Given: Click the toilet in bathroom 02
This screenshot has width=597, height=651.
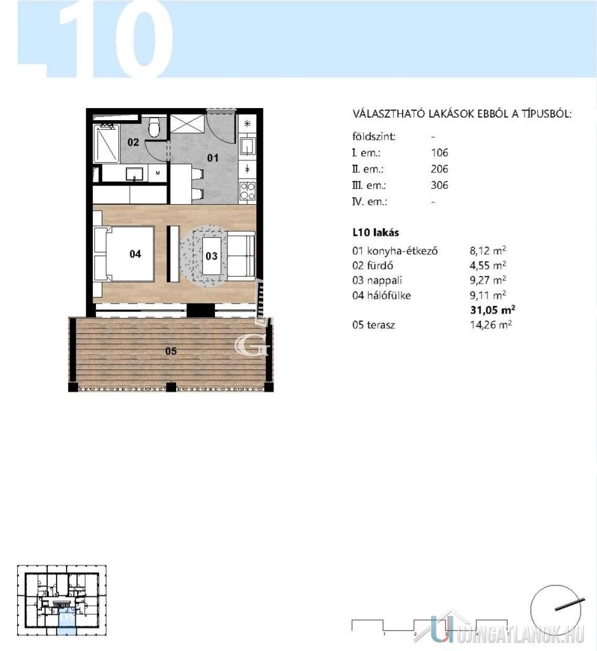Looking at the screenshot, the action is (x=154, y=127).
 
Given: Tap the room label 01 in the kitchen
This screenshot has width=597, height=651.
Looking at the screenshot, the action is (x=212, y=158).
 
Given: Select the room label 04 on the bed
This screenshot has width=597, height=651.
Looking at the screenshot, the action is (x=135, y=254).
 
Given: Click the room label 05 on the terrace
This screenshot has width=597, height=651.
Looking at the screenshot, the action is (x=171, y=351).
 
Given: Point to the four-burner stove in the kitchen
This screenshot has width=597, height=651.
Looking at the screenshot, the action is (x=247, y=191).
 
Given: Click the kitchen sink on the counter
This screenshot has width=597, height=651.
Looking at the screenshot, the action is (x=247, y=147).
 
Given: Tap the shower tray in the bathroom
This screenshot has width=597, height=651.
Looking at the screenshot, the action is (x=106, y=143).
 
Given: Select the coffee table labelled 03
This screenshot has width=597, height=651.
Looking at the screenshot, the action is (x=212, y=256).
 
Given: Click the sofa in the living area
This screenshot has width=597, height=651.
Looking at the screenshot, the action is (x=241, y=256).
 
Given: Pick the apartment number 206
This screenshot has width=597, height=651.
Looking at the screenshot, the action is (x=440, y=169).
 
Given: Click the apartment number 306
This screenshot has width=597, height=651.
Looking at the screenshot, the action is (x=440, y=185).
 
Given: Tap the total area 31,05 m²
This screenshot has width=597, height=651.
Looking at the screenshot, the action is (x=493, y=310).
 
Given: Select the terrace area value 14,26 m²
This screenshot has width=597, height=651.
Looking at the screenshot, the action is (x=491, y=325).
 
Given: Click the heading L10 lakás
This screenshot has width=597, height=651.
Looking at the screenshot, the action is (x=376, y=233).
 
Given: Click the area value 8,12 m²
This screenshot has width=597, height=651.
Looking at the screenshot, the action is (x=488, y=250).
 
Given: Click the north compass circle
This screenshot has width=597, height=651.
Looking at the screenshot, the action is (x=556, y=610).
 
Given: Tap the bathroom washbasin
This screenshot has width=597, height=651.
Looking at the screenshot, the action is (x=135, y=174).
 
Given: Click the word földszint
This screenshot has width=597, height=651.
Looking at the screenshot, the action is (x=374, y=137).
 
